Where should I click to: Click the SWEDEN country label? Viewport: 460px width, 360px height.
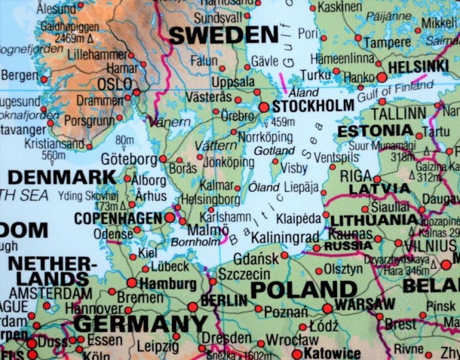223,35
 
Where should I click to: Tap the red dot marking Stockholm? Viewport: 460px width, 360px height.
264,107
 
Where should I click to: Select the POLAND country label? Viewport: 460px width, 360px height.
304,289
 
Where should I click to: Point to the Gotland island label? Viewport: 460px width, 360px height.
275,150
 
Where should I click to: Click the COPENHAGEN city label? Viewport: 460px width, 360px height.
118,218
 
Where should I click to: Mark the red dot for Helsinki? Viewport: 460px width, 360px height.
381,77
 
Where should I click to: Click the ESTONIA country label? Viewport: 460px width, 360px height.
375,130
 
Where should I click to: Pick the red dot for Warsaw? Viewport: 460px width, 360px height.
328,308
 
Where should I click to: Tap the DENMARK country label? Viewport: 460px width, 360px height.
61,177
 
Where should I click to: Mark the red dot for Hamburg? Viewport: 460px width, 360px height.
131,283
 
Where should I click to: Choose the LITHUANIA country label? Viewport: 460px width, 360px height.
374,219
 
